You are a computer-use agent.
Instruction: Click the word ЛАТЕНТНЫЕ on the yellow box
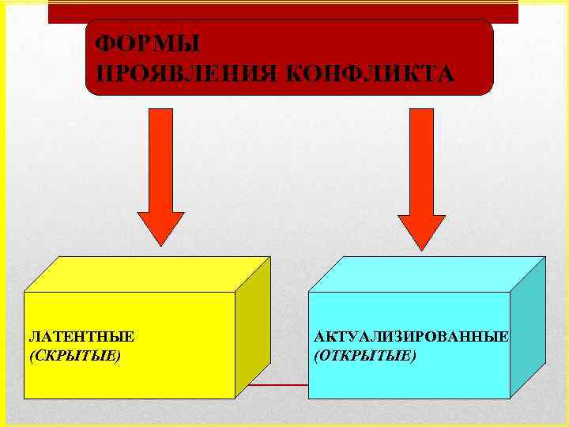81,336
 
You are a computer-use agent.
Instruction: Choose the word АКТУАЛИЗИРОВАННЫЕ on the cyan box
411,336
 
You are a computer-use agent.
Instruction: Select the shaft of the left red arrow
160,158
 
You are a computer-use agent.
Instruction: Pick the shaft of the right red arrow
421,158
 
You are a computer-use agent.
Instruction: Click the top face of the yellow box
146,274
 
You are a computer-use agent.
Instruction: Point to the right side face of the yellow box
253,328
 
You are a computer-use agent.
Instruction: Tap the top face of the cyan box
427,274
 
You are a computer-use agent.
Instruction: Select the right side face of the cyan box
528,328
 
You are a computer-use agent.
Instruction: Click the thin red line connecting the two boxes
273,385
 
